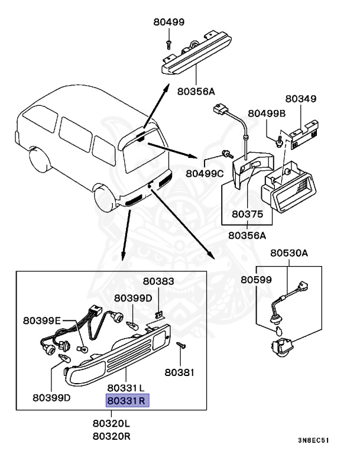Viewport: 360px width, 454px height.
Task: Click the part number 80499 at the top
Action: tap(169, 22)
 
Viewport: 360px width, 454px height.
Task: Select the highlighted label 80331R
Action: tap(128, 401)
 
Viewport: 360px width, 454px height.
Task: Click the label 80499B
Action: tap(267, 113)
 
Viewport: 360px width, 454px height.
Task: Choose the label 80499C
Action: tap(204, 173)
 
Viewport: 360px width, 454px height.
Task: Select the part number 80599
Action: tap(255, 278)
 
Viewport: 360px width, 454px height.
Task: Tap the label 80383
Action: tap(158, 282)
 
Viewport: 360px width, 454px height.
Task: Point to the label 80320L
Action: tap(111, 424)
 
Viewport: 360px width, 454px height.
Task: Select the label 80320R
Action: tap(111, 437)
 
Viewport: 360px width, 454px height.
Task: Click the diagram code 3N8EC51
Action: tap(314, 440)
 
